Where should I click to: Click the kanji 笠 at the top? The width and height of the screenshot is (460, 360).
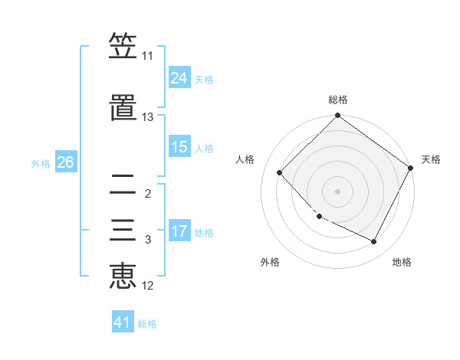(123, 47)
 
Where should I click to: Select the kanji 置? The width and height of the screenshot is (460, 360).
(123, 108)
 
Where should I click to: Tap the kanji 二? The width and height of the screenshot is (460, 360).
(123, 185)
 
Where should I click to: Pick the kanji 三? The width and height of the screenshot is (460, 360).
(123, 231)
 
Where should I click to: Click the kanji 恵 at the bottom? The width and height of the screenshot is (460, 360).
(123, 277)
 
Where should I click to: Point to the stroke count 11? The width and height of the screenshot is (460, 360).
(147, 56)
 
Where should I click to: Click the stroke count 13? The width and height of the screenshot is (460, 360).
(147, 117)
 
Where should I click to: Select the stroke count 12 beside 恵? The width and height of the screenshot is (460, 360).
(147, 286)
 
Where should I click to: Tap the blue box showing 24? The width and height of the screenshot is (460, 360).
(179, 78)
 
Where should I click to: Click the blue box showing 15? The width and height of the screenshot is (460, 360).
(179, 147)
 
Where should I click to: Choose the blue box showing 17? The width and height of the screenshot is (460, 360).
(179, 231)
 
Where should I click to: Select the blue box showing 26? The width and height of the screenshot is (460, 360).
(65, 162)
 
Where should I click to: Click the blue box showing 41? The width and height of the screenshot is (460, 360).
(123, 322)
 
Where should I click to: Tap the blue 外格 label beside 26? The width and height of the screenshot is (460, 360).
(41, 163)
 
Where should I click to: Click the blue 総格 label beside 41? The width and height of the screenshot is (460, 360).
(147, 324)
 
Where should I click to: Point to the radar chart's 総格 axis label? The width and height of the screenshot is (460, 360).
(337, 100)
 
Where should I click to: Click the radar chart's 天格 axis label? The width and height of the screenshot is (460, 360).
(431, 159)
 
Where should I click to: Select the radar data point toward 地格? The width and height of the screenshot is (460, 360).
(374, 242)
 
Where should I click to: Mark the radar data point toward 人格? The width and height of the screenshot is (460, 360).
(280, 172)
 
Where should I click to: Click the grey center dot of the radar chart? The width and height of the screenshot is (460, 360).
(337, 191)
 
